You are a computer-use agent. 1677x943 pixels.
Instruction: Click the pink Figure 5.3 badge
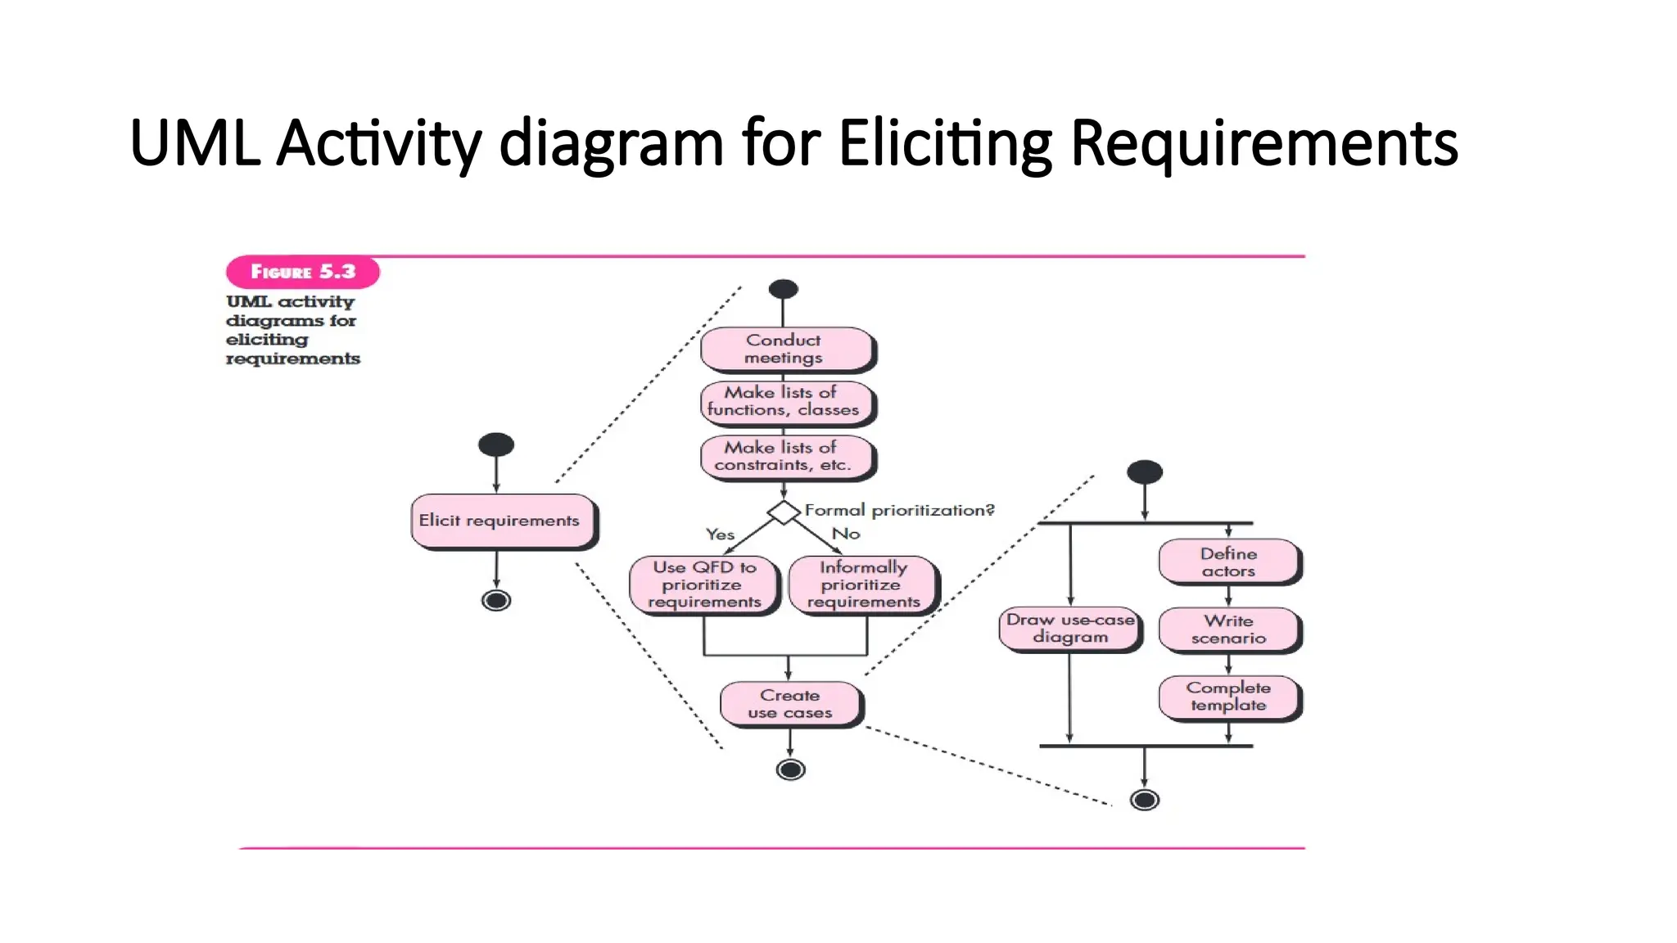(x=302, y=272)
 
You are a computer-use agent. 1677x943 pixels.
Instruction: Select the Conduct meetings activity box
(x=786, y=349)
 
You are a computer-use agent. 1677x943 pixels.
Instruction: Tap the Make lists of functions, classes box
(x=786, y=402)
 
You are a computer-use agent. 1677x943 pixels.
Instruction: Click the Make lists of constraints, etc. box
(x=786, y=457)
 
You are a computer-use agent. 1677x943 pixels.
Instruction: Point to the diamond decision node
(x=784, y=513)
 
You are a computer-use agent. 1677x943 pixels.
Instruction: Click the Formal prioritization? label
(x=899, y=510)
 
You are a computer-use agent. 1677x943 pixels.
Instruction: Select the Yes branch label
(x=720, y=535)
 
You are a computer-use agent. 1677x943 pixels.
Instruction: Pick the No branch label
(x=846, y=534)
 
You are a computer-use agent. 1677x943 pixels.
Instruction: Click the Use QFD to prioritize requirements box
(x=703, y=584)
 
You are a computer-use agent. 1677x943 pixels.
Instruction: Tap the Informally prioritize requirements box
(x=862, y=584)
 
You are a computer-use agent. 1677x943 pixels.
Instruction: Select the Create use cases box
(x=790, y=704)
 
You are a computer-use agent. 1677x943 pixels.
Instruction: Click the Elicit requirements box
(x=502, y=521)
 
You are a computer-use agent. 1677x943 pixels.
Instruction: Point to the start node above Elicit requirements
(x=496, y=445)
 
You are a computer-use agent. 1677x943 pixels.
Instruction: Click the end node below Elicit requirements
(x=496, y=601)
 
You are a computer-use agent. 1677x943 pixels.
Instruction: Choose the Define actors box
(x=1228, y=562)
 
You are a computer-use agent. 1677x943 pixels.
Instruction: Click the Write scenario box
(x=1228, y=629)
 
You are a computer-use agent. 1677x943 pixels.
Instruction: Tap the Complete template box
(x=1228, y=697)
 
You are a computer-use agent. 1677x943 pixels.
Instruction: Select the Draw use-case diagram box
(x=1069, y=629)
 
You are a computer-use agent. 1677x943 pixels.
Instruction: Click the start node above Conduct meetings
(x=784, y=289)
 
